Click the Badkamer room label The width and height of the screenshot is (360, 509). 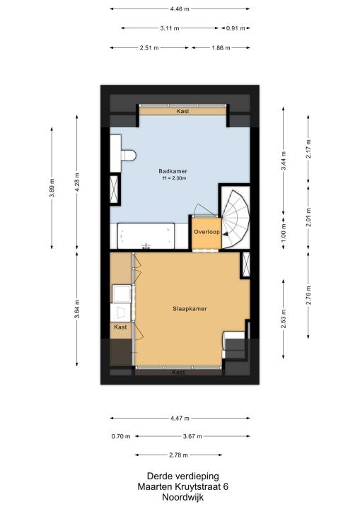point(173,171)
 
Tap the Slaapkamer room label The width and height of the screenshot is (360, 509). point(190,309)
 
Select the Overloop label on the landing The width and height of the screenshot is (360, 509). point(207,232)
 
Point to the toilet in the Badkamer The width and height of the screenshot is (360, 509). point(128,155)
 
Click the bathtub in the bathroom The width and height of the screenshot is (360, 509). point(146,236)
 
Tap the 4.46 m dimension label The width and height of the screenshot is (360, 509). point(180,9)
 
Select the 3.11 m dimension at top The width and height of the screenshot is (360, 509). point(170,28)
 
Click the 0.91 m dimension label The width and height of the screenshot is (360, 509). point(236,28)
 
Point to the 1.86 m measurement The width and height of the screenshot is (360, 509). point(221,48)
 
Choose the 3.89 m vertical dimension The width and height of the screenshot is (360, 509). point(52,188)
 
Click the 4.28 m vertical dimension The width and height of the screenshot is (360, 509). point(77,182)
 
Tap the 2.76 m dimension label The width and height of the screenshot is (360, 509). point(308,295)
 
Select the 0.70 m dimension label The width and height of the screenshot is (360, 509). point(121,436)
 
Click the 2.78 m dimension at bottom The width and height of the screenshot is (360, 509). point(178,455)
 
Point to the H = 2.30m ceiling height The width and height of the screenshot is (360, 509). point(175,178)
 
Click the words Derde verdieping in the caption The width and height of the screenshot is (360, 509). point(183,476)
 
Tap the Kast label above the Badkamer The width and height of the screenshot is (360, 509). point(183,111)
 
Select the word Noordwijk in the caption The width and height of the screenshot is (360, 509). point(183,497)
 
